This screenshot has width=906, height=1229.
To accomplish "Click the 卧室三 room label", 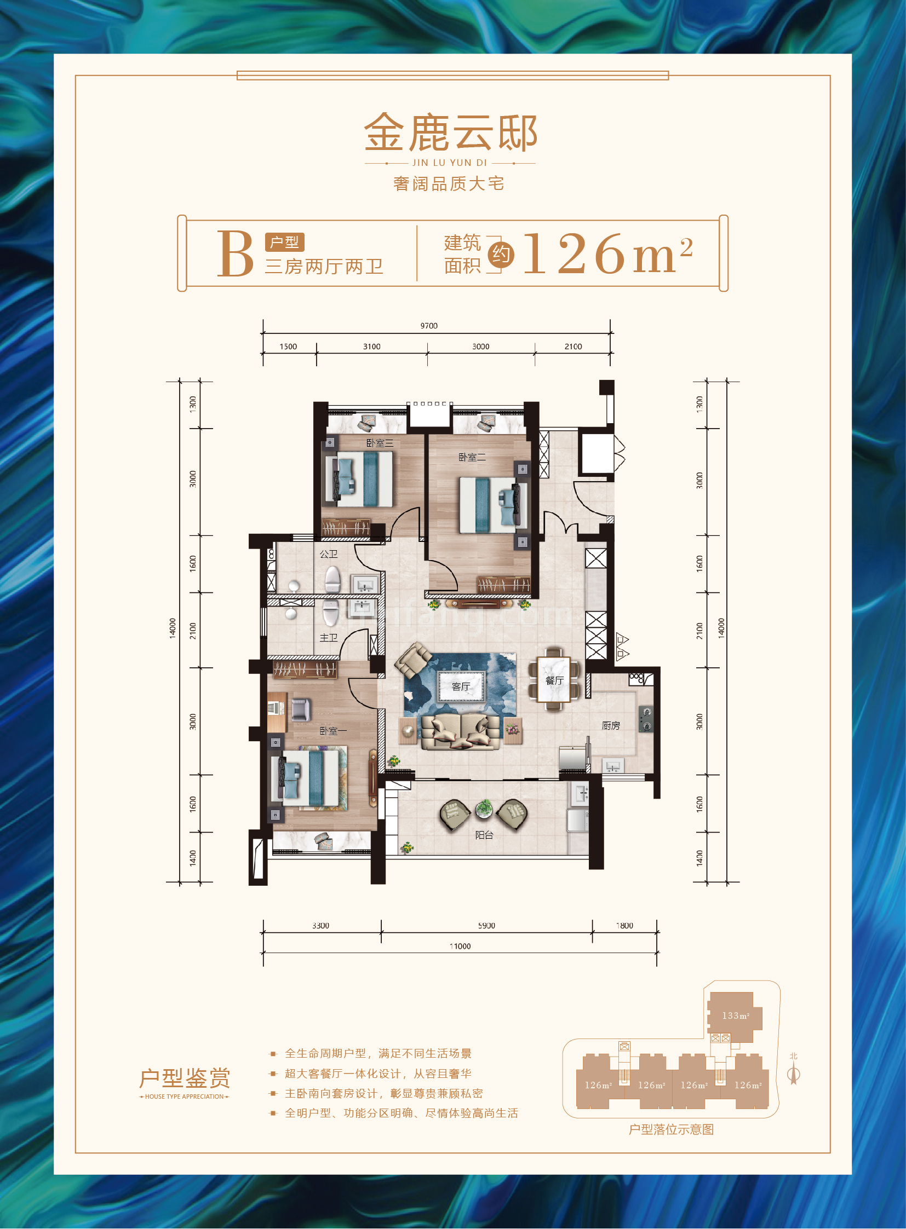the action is pyautogui.click(x=380, y=443).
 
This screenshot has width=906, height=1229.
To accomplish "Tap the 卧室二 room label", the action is pyautogui.click(x=472, y=457).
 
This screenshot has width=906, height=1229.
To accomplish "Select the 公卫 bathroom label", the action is pyautogui.click(x=329, y=554).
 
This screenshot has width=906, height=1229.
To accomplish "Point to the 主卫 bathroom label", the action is pyautogui.click(x=329, y=638).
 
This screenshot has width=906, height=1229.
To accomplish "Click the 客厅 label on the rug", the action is pyautogui.click(x=461, y=686).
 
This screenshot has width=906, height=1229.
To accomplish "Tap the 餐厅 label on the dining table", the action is pyautogui.click(x=554, y=680).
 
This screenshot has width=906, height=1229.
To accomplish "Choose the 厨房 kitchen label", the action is pyautogui.click(x=611, y=725).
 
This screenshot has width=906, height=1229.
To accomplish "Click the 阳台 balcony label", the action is pyautogui.click(x=484, y=834).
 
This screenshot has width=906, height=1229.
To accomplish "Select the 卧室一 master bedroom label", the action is pyautogui.click(x=333, y=731).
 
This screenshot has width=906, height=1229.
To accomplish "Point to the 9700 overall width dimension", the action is pyautogui.click(x=429, y=326).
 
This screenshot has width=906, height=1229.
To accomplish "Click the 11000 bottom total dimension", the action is pyautogui.click(x=460, y=946).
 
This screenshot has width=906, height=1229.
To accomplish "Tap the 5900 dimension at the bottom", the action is pyautogui.click(x=486, y=925).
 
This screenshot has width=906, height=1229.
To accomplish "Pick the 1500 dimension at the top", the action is pyautogui.click(x=288, y=347).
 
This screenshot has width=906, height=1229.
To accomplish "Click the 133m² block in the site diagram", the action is pyautogui.click(x=735, y=1015).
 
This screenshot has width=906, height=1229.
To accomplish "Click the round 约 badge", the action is pyautogui.click(x=501, y=255).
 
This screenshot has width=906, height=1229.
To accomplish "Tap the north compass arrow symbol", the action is pyautogui.click(x=794, y=1075).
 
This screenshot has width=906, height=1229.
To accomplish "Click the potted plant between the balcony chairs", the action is pyautogui.click(x=484, y=807).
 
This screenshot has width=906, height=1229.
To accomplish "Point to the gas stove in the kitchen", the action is pyautogui.click(x=645, y=719).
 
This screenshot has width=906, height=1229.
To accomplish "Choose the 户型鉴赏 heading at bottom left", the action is pyautogui.click(x=184, y=1078).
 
